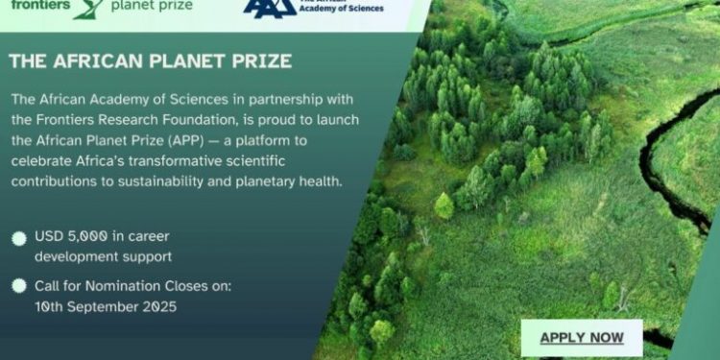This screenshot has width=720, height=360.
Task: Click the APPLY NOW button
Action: tap(582, 337)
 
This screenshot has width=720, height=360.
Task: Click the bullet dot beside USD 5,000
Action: tap(19, 238)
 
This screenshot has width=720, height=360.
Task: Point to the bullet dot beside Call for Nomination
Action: tap(19, 286)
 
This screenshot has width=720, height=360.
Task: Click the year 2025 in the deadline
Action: tap(154, 306)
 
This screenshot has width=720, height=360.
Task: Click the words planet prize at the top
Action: tap(151, 6)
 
